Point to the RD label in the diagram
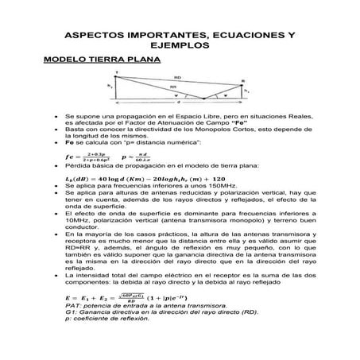pyautogui.click(x=176, y=78)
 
